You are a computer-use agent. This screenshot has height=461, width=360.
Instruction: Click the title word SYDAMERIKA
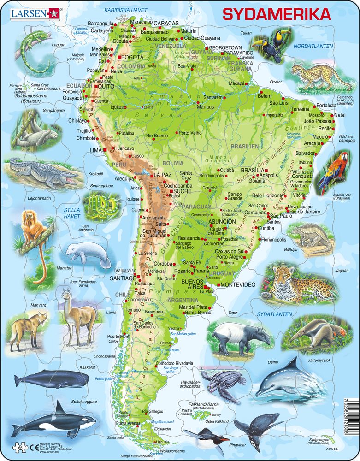pos(277,14)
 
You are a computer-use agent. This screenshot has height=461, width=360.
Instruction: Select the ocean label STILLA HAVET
pos(72,213)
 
